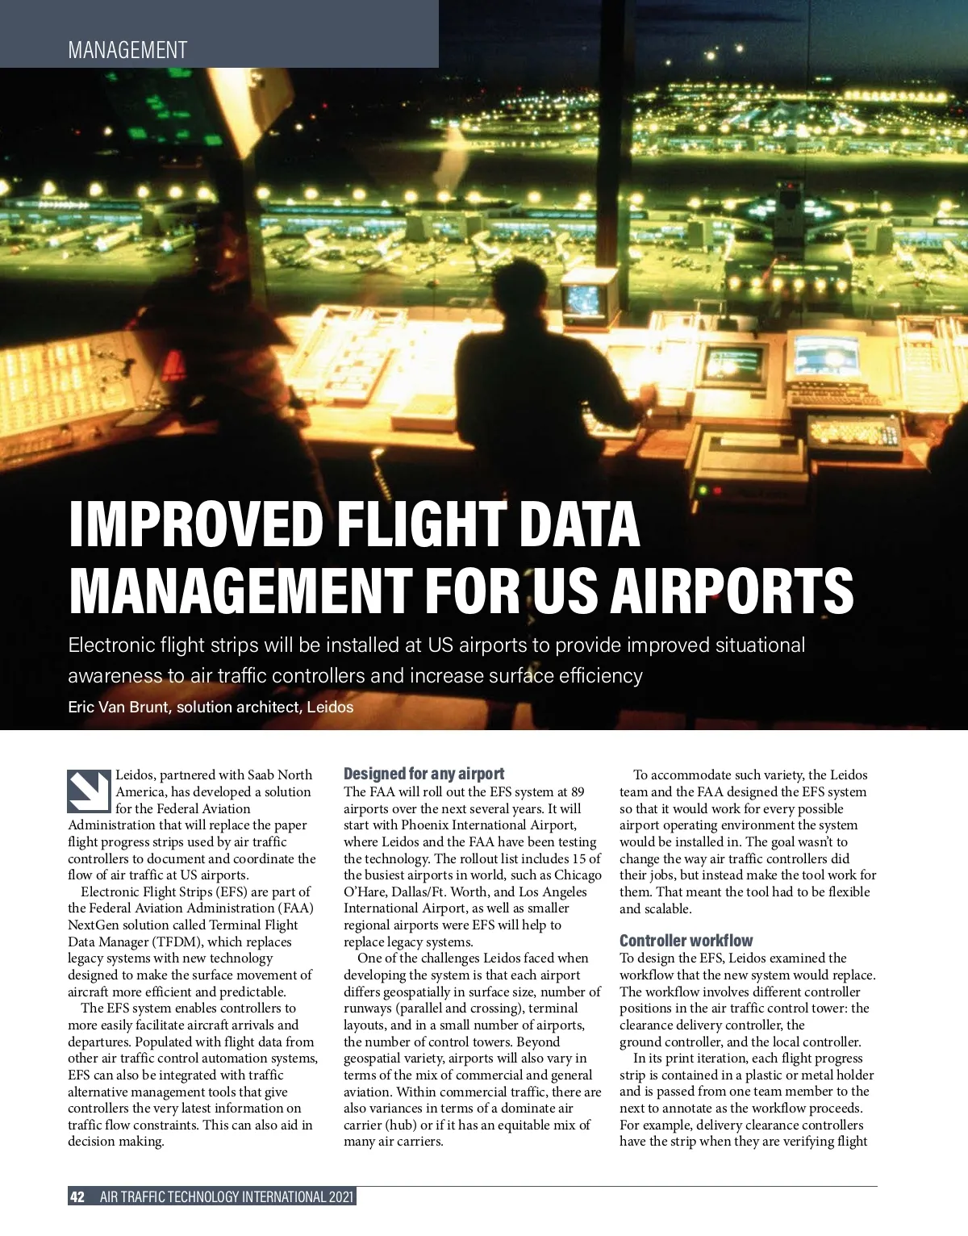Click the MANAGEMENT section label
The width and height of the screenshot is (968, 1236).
[x=127, y=50]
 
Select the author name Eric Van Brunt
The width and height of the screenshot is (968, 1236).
[x=119, y=708]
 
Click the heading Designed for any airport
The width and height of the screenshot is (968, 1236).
[x=423, y=774]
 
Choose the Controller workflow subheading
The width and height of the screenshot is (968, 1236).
[x=686, y=941]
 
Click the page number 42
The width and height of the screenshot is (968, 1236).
[x=77, y=1196]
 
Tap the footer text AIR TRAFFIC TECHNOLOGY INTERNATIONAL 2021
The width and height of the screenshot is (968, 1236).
[x=227, y=1196]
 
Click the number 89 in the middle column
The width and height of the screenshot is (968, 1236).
[x=578, y=792]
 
